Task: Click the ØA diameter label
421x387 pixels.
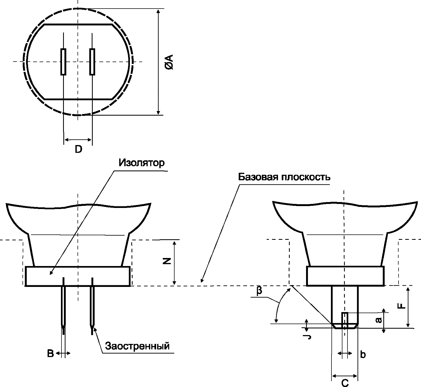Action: point(169,62)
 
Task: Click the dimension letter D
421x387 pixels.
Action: point(78,149)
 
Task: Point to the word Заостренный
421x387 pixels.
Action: point(138,346)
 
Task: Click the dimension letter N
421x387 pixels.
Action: point(167,261)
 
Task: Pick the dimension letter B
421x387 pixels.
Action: point(51,354)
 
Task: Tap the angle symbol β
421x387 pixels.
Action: point(259,291)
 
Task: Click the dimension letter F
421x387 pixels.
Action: point(401,305)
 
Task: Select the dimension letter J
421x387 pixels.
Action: point(308,337)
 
